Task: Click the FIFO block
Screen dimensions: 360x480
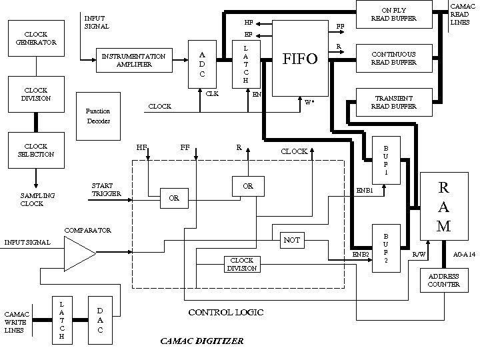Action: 300,58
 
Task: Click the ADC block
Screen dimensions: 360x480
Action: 202,64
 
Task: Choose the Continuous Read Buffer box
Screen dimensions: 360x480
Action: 394,58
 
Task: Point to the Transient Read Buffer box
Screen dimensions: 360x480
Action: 394,101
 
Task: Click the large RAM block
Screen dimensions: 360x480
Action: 443,205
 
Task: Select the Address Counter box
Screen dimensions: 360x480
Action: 443,280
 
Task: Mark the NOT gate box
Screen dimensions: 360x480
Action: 291,239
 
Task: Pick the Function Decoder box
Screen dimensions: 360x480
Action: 98,115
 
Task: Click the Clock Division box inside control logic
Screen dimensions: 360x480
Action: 241,264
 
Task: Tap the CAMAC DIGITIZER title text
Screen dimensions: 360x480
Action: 202,341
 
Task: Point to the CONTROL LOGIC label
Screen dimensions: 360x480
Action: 226,312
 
